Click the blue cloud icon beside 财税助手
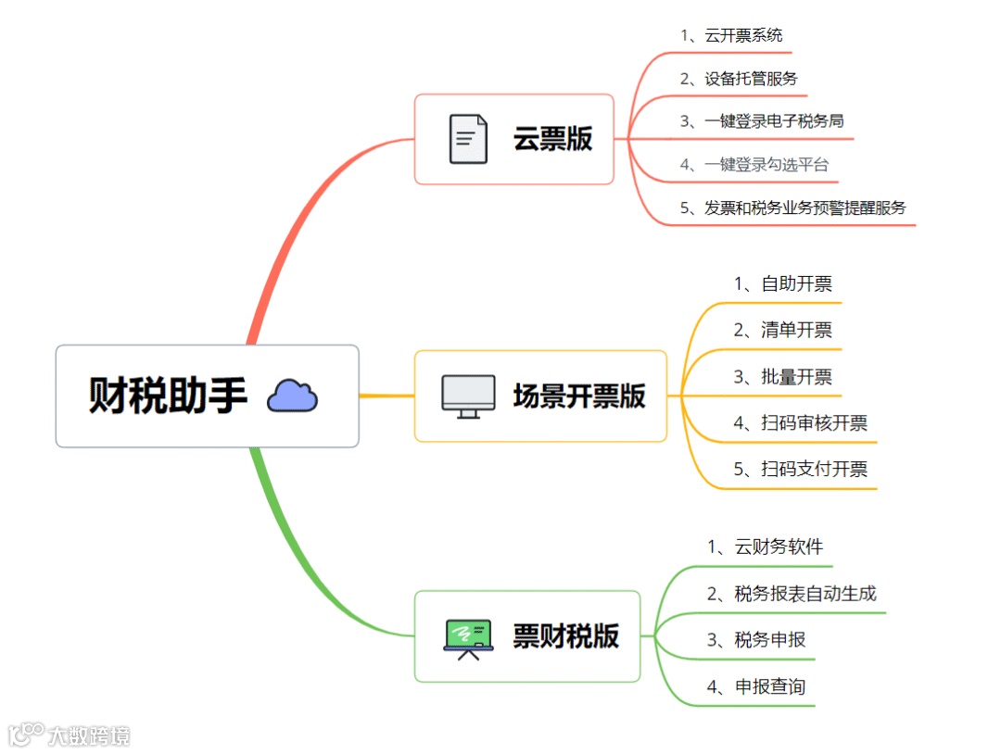click(x=292, y=396)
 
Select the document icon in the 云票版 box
click(x=468, y=139)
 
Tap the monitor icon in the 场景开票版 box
click(x=468, y=396)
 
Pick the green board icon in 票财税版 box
click(x=468, y=637)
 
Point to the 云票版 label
click(x=553, y=139)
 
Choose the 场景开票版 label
click(x=579, y=396)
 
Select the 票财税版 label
click(x=566, y=637)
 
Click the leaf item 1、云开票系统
click(x=731, y=35)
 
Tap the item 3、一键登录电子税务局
click(x=762, y=121)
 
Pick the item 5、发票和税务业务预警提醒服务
click(x=792, y=207)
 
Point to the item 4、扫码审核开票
click(x=801, y=423)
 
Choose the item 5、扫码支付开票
click(x=801, y=470)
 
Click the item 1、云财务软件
click(x=766, y=547)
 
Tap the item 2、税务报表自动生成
click(x=792, y=594)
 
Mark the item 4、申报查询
click(x=756, y=687)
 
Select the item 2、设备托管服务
click(x=739, y=79)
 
